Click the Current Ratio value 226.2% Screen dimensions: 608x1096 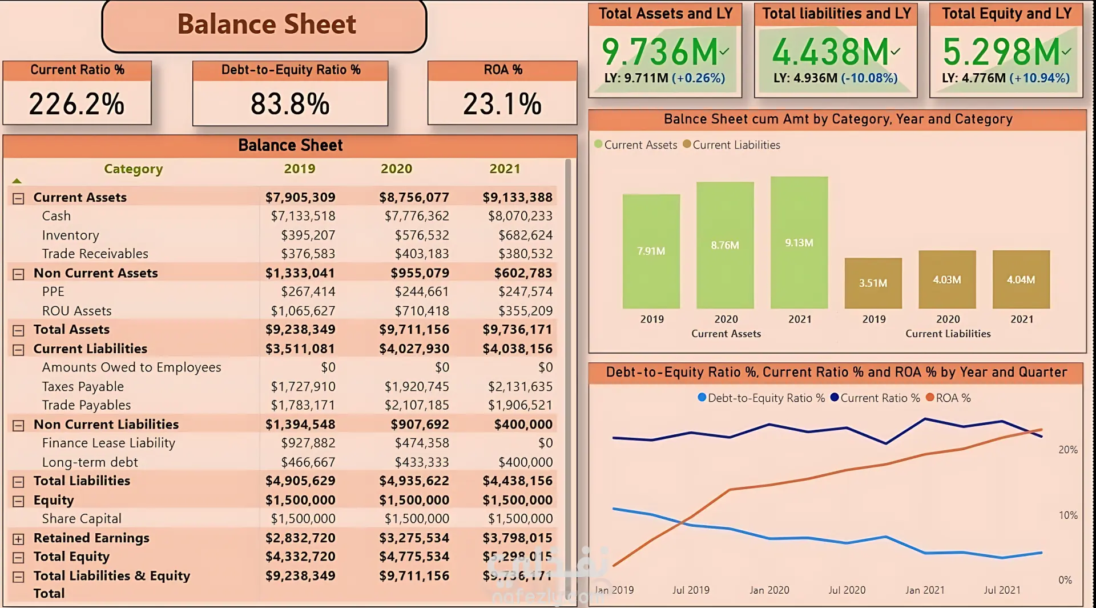[76, 104]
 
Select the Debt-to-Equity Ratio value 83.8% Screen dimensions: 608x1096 [290, 104]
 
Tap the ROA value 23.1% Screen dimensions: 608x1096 [502, 104]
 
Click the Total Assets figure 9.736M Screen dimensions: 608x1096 [660, 52]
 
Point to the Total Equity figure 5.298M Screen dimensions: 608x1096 [1001, 52]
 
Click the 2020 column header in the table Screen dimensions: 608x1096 [396, 169]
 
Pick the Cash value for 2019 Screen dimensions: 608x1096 [303, 216]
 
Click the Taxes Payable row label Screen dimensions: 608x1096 [83, 387]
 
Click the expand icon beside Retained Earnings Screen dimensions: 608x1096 [18, 539]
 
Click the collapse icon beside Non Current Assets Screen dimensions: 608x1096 [18, 274]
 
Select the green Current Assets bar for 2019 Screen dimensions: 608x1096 [651, 251]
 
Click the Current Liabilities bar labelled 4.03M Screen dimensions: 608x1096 [947, 279]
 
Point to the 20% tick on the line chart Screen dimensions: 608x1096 [1068, 450]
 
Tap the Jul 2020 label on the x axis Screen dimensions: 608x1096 [847, 590]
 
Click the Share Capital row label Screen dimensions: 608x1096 [82, 519]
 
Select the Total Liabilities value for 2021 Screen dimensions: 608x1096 [517, 481]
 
